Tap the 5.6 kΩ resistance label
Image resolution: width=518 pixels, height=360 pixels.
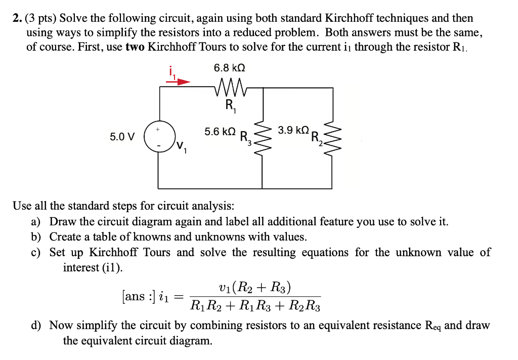(220, 132)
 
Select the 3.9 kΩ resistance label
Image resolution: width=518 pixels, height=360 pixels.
(293, 130)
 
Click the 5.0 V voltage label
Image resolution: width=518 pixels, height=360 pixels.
(122, 137)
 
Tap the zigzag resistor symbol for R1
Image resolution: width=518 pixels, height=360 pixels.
(230, 90)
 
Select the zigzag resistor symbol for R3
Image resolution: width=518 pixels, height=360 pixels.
(262, 137)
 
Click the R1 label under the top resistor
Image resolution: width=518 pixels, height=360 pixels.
(230, 106)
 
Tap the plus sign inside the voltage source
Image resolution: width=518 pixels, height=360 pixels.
(158, 130)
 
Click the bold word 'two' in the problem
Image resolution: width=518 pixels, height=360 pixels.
(134, 48)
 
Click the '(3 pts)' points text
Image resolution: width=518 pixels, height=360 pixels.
(42, 19)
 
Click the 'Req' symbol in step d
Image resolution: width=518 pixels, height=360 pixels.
(432, 326)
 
